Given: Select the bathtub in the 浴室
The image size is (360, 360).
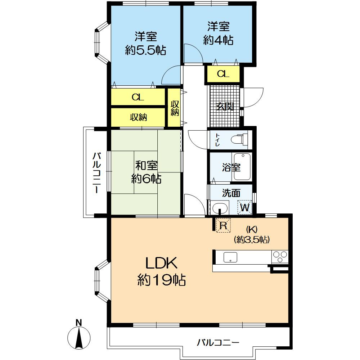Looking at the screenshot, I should tap(242, 167).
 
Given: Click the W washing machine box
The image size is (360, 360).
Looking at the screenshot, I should tap(245, 207).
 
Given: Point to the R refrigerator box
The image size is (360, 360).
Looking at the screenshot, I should tap(223, 226).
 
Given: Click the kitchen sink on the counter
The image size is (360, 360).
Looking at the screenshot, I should tap(230, 257).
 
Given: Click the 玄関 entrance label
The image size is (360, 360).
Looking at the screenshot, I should tap(225, 106).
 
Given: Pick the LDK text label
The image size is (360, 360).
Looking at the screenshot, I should tap(161, 264).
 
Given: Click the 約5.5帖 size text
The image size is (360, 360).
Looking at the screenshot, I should tap(145, 50).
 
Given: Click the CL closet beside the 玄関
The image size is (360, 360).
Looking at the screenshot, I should tap(223, 74).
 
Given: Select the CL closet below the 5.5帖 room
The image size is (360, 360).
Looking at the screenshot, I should tap(138, 97).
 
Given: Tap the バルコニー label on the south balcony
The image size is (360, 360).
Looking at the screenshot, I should tap(218, 342).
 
